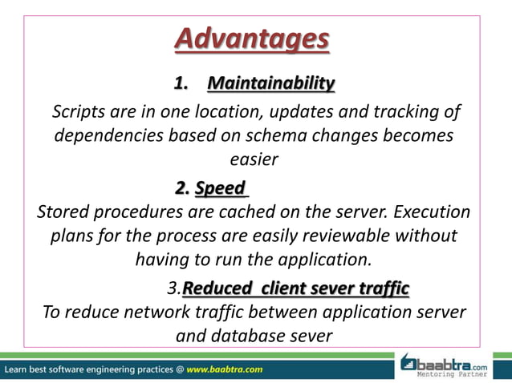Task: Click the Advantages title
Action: pyautogui.click(x=252, y=38)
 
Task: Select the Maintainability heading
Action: pyautogui.click(x=270, y=83)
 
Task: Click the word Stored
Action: pyautogui.click(x=64, y=213)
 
